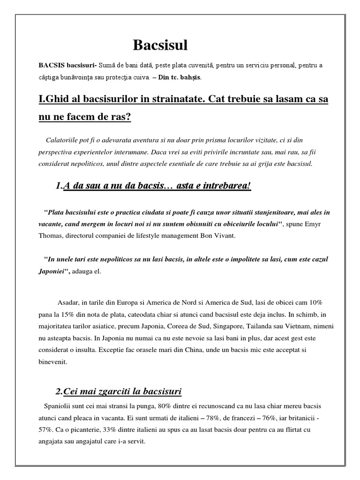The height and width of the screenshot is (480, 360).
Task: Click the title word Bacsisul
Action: (160, 45)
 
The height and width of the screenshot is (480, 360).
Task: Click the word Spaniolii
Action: (59, 405)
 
